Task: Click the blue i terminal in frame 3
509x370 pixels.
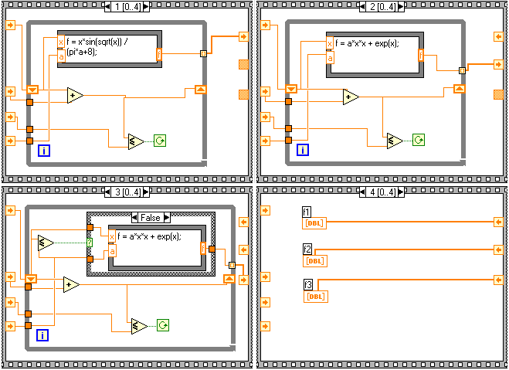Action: [x=43, y=334]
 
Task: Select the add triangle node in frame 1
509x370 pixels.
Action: [x=75, y=95]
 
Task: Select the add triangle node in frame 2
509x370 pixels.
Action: [x=351, y=97]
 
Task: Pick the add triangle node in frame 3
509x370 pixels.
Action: [x=72, y=284]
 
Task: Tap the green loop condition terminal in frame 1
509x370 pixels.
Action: [x=160, y=141]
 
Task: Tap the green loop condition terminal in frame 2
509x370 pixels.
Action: [x=418, y=140]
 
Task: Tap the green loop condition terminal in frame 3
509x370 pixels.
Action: [x=163, y=325]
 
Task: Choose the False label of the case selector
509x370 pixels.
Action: [x=150, y=218]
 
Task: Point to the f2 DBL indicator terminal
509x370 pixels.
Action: [x=314, y=260]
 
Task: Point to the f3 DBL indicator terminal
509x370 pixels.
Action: [x=314, y=296]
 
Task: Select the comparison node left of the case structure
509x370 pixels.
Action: [x=46, y=243]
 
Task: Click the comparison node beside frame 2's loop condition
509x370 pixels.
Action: [x=395, y=140]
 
